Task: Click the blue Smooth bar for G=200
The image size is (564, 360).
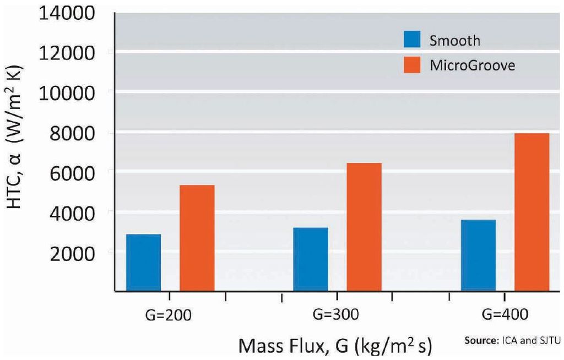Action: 144,262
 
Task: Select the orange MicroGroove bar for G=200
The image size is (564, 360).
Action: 197,237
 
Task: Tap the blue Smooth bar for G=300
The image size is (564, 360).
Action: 311,259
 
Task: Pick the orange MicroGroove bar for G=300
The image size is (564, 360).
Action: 364,226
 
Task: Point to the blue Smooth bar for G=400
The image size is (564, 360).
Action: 478,255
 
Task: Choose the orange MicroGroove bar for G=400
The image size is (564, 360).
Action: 532,211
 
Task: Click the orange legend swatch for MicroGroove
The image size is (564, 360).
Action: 411,65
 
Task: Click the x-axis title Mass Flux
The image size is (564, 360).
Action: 335,346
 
